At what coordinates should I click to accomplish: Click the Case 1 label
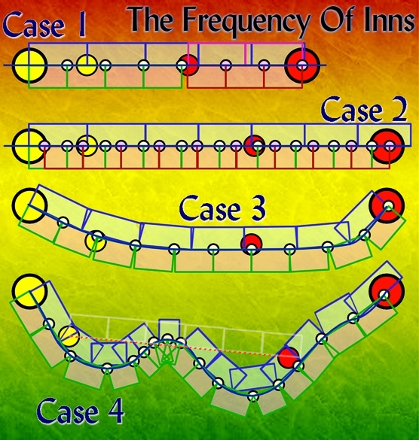pyautogui.click(x=44, y=26)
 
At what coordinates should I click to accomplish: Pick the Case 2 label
pyautogui.click(x=364, y=110)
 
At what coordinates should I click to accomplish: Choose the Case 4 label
pyautogui.click(x=80, y=411)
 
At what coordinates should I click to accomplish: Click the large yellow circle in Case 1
pyautogui.click(x=30, y=65)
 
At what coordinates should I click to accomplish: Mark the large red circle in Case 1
pyautogui.click(x=302, y=65)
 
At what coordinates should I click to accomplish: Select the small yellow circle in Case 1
pyautogui.click(x=87, y=65)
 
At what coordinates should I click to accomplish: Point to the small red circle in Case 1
pyautogui.click(x=189, y=65)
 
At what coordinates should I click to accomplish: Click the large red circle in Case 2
pyautogui.click(x=388, y=146)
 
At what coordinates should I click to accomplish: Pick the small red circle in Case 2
pyautogui.click(x=255, y=146)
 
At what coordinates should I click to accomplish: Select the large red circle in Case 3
pyautogui.click(x=387, y=205)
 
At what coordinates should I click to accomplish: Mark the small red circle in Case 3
pyautogui.click(x=252, y=244)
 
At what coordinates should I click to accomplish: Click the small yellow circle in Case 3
pyautogui.click(x=96, y=241)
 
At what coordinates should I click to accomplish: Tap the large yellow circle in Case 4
pyautogui.click(x=29, y=291)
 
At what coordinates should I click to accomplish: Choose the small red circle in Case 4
pyautogui.click(x=289, y=357)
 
